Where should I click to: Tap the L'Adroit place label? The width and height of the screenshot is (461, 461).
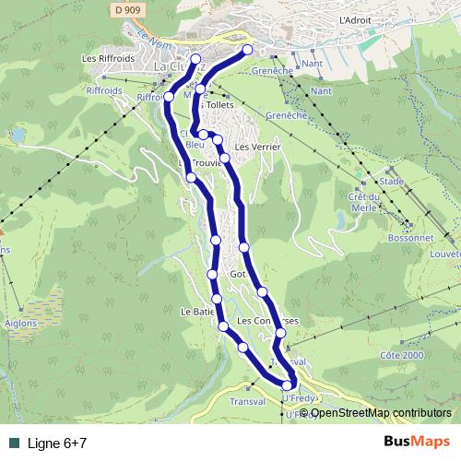tap(354, 18)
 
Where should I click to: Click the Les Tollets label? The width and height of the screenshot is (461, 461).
tap(216, 105)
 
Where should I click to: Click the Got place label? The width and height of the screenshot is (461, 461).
tap(238, 275)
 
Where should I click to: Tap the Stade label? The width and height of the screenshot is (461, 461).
tap(392, 182)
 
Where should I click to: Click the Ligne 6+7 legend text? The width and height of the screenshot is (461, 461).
tap(57, 443)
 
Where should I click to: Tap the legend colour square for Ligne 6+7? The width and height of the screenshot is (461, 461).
tap(13, 443)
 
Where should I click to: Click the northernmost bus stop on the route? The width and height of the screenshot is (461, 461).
tap(247, 50)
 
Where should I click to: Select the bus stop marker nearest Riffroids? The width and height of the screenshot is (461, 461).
tap(169, 96)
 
